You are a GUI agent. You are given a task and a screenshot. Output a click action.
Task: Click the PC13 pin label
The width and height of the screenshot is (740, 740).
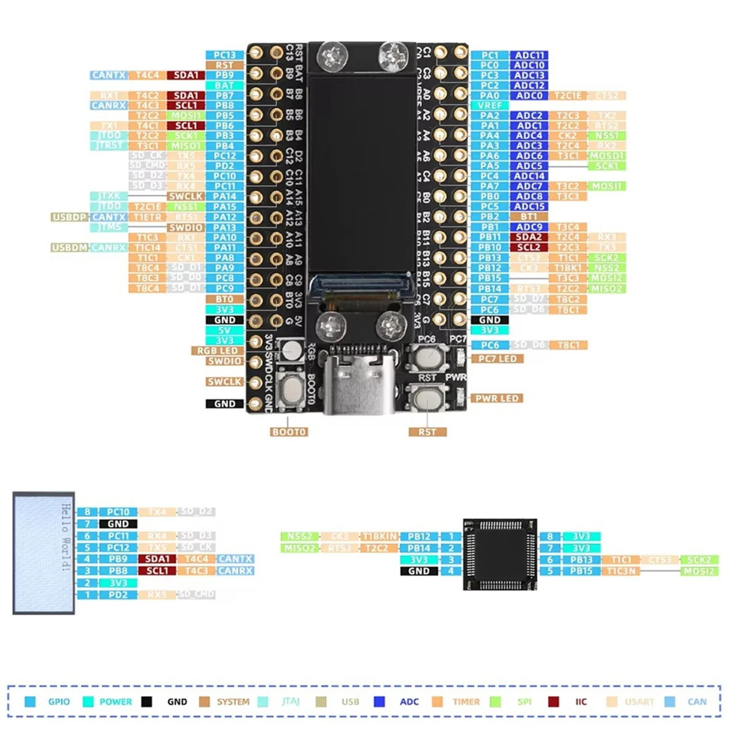pos(224,55)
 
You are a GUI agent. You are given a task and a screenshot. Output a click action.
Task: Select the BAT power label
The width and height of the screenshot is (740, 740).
pos(224,85)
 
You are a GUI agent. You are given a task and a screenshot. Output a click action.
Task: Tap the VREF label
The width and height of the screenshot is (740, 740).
pos(490,105)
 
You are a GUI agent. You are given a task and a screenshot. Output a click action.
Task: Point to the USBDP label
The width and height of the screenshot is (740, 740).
pos(70,217)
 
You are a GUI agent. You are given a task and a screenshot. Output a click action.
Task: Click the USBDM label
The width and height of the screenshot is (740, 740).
pos(70,247)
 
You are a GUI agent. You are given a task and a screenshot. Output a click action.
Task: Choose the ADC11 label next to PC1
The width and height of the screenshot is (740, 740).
pos(529,55)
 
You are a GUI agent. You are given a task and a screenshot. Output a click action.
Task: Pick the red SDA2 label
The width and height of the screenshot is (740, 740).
pos(529,237)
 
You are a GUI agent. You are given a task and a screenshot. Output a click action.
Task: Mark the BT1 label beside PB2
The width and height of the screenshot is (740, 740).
pos(529,216)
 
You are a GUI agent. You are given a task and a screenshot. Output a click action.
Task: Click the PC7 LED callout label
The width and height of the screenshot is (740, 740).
pos(498,358)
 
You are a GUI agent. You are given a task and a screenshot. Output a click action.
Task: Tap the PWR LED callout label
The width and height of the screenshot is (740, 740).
pos(496,398)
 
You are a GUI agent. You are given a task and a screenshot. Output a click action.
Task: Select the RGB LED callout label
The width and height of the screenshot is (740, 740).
pos(217,350)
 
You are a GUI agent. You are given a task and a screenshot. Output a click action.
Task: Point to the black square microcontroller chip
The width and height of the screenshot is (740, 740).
pos(500,554)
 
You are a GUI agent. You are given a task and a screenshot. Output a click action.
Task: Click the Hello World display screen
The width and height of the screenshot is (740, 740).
pos(44,553)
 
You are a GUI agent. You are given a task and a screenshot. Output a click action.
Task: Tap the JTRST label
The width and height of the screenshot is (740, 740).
pos(109,146)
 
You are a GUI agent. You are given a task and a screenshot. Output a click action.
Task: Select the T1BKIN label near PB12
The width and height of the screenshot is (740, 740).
pos(379,536)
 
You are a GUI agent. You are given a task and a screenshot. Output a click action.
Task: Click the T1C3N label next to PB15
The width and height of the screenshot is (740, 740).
pos(621,571)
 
